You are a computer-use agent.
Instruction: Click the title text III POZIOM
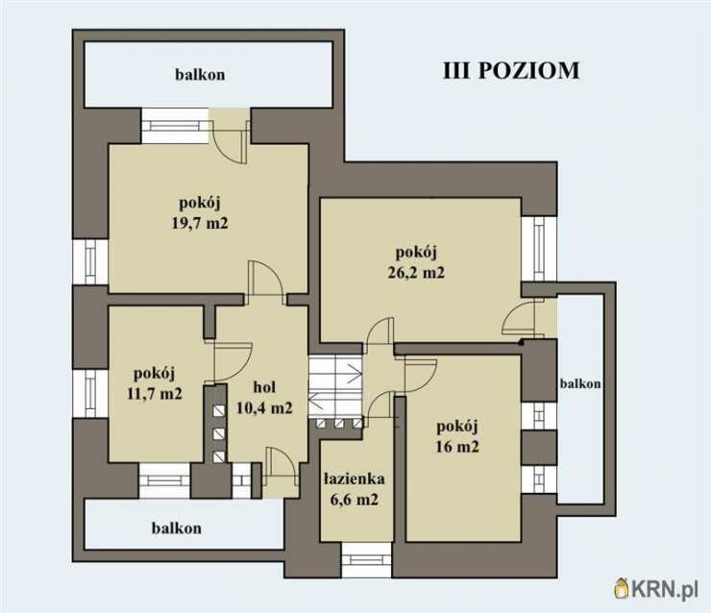510,71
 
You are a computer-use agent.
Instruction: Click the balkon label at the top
200,74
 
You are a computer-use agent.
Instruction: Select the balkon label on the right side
580,383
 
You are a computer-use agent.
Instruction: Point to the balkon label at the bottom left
177,527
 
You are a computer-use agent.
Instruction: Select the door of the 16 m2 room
419,375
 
